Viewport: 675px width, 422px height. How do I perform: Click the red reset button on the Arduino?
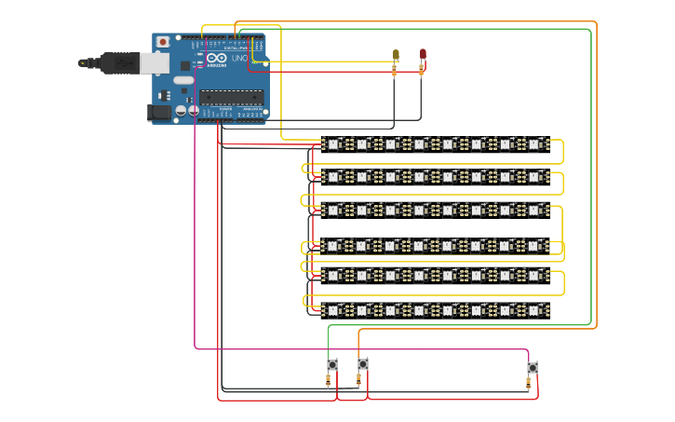point(163,42)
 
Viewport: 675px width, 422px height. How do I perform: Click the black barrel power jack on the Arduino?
point(160,113)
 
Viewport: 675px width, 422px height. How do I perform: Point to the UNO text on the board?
point(238,58)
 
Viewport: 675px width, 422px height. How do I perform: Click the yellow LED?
point(396,55)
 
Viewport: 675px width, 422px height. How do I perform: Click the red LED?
point(423,53)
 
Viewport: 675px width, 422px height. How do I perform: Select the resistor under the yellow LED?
point(395,71)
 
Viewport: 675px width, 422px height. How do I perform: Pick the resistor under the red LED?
point(421,69)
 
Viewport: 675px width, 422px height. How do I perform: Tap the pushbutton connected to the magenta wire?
point(533,367)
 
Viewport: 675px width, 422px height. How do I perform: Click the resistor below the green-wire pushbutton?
point(329,380)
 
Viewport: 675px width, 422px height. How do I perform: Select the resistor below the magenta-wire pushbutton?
point(529,382)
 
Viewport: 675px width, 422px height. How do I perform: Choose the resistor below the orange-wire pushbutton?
point(359,380)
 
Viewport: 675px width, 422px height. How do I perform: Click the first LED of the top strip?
point(333,143)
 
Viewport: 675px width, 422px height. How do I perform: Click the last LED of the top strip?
point(534,143)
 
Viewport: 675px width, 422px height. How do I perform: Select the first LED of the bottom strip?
point(333,309)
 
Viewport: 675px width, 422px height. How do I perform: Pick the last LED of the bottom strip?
point(534,309)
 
